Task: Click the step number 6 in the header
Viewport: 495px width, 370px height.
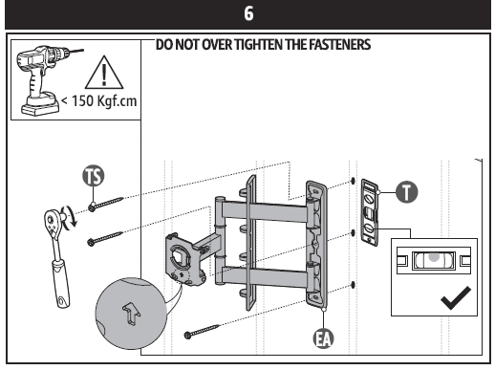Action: [x=247, y=15]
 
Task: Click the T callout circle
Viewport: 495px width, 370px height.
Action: [x=408, y=193]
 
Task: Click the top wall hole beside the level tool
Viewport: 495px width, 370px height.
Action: [x=355, y=182]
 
